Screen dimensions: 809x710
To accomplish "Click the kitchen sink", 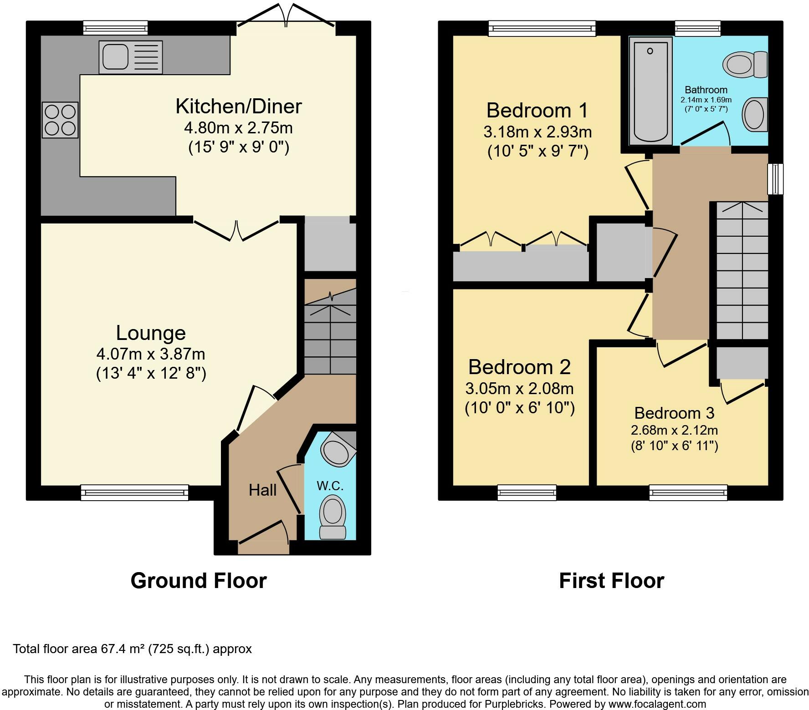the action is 131,57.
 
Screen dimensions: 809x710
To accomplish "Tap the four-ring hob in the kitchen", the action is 60,120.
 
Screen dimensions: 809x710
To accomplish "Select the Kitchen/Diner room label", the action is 239,106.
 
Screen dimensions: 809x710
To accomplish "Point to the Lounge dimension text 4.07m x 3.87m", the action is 151,354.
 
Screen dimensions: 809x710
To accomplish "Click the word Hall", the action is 263,490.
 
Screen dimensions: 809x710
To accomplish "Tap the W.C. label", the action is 330,486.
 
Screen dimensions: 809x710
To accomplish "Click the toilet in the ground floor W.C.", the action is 333,517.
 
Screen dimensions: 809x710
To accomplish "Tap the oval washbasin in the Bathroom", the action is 755,114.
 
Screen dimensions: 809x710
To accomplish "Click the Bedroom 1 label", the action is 538,111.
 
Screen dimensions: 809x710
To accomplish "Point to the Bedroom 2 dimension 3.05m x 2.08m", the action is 519,389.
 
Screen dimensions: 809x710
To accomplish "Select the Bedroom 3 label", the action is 674,413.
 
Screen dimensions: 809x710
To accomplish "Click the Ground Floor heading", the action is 199,581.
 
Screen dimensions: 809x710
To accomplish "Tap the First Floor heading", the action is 612,581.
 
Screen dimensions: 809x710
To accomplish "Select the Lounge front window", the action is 134,493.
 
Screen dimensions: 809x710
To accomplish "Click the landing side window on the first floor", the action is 775,179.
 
